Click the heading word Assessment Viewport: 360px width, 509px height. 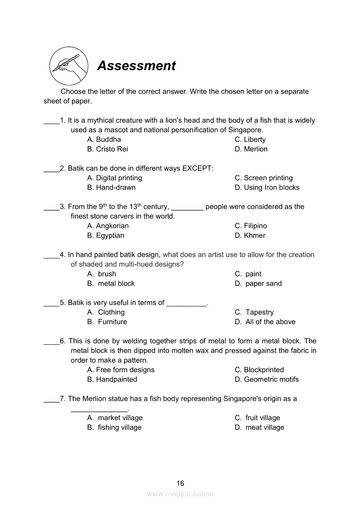(136, 66)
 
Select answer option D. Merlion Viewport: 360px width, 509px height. (251, 149)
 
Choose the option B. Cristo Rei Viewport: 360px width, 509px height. (107, 149)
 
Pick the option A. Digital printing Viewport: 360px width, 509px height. (114, 178)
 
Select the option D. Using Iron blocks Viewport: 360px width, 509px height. (267, 187)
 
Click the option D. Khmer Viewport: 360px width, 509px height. (250, 235)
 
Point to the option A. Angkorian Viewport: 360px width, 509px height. (108, 226)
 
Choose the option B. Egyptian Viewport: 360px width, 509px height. (105, 235)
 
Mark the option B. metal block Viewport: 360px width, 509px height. (111, 283)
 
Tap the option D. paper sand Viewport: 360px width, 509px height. (258, 283)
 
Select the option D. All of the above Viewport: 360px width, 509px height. (265, 322)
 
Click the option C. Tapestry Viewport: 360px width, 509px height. (254, 312)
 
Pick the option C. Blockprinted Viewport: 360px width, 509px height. (259, 370)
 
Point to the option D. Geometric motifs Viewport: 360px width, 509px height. (266, 379)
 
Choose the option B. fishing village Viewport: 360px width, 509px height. (114, 427)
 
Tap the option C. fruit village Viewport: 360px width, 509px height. (257, 418)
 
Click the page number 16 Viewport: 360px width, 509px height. (180, 483)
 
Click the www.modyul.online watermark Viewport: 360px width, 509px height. (180, 494)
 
